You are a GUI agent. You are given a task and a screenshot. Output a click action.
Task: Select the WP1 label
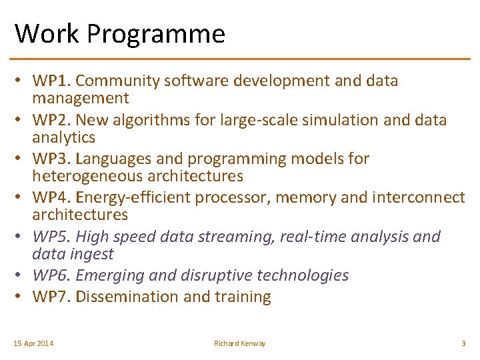pos(51,81)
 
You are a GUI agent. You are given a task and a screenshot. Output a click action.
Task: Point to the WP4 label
pos(51,198)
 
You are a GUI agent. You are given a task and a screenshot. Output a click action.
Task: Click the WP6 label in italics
pos(51,275)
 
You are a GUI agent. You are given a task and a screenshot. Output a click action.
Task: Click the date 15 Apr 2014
pos(34,343)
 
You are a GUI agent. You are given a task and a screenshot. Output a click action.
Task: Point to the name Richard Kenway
pos(239,343)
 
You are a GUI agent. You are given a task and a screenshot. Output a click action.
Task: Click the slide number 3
pos(463,343)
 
